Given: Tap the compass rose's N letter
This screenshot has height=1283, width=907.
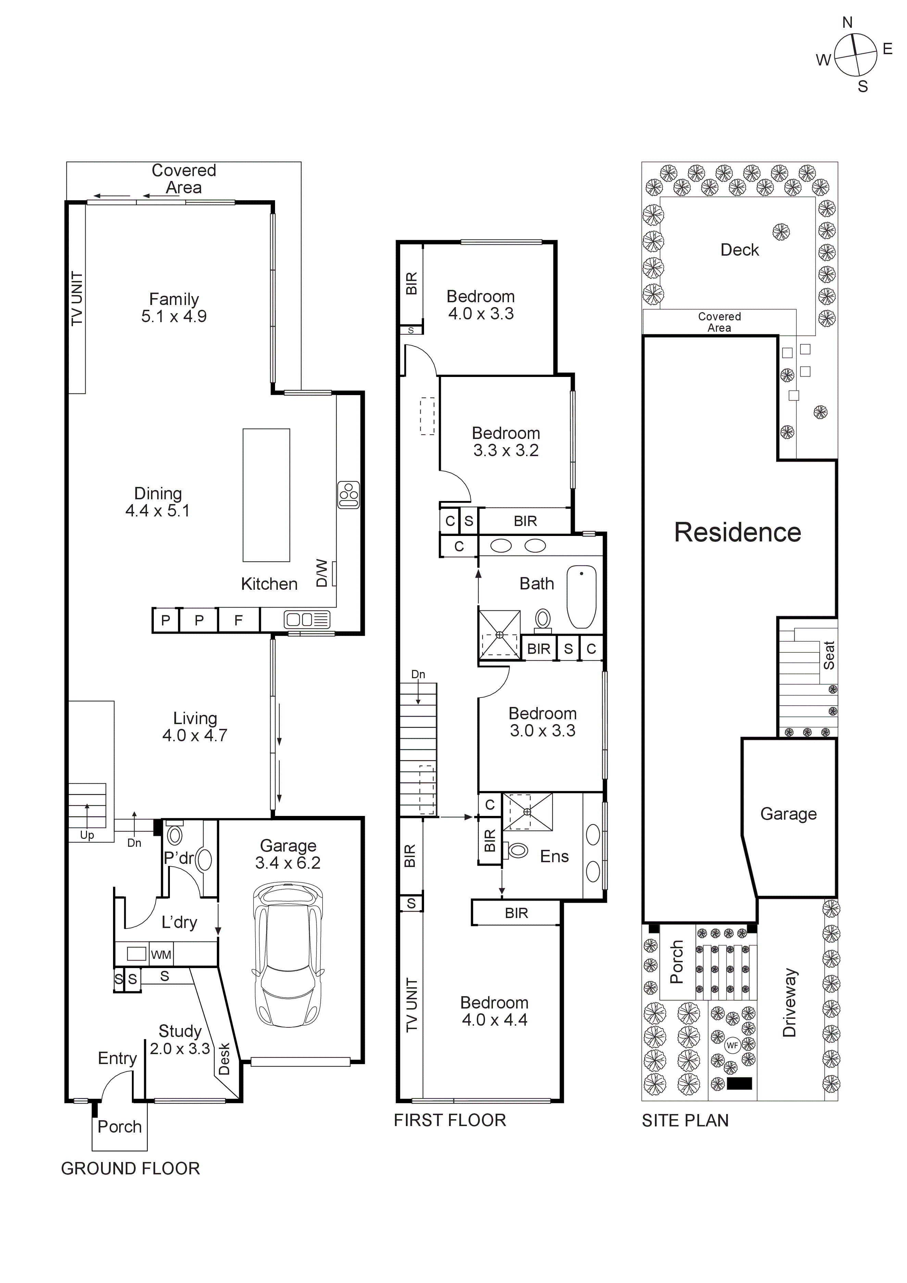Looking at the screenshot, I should point(847,22).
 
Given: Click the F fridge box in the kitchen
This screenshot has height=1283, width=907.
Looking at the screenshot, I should point(238,620).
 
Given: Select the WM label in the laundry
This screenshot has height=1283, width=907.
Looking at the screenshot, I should point(161,955).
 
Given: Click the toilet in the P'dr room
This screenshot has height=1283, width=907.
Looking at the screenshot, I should point(175,835).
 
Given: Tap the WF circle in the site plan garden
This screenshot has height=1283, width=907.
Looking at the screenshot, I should point(732,1045).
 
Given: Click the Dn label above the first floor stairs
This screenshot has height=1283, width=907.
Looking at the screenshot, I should point(418,674).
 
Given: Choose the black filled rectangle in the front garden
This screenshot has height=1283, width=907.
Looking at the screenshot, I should point(740,1084).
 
